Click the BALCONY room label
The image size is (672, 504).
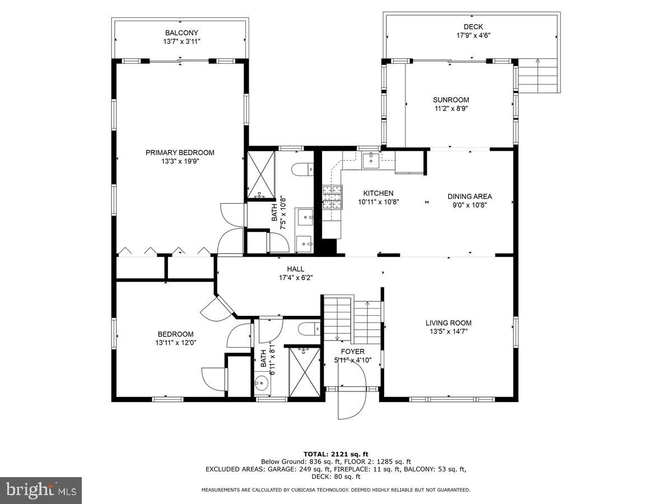181,33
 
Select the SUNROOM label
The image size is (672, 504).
450,100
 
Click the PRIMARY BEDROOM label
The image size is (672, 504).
180,152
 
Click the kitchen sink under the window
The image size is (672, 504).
370,160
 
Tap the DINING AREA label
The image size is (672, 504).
469,196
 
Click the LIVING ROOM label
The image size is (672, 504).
448,323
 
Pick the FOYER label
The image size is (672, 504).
353,351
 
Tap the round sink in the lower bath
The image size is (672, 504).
260,384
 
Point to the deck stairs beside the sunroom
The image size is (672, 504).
538,76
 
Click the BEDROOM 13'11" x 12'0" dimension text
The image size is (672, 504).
176,343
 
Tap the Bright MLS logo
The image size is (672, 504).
41,490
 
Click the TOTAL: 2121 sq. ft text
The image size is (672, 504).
336,454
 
